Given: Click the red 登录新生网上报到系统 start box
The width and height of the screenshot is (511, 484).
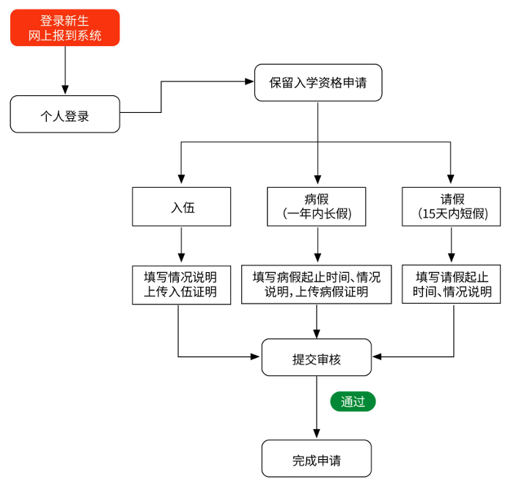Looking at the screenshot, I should pyautogui.click(x=65, y=28).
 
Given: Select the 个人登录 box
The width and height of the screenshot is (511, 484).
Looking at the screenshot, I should pyautogui.click(x=65, y=114).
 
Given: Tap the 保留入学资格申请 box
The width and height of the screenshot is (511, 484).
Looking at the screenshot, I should pyautogui.click(x=317, y=82).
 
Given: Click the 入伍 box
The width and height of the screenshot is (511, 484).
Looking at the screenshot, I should pyautogui.click(x=181, y=207).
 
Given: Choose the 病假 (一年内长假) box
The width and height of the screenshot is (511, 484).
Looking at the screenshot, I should pyautogui.click(x=317, y=207).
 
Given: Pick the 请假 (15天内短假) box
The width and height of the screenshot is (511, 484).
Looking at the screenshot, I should pyautogui.click(x=452, y=207).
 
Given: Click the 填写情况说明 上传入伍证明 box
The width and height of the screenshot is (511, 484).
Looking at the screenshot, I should pyautogui.click(x=181, y=285).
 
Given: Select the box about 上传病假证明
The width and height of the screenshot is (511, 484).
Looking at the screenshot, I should pyautogui.click(x=317, y=285).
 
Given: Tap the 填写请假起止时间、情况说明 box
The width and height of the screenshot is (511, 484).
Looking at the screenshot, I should pyautogui.click(x=452, y=285).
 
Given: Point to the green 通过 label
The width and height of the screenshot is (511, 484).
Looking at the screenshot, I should pyautogui.click(x=353, y=401).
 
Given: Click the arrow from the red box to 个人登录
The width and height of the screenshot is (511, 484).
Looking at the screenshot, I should pyautogui.click(x=65, y=70).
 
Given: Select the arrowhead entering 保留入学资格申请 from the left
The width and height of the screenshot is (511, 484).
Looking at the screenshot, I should pyautogui.click(x=249, y=82).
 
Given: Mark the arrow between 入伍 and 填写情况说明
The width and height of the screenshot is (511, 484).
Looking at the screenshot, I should pyautogui.click(x=181, y=245).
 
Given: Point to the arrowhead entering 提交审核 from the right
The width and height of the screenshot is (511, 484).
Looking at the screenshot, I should pyautogui.click(x=377, y=357).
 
